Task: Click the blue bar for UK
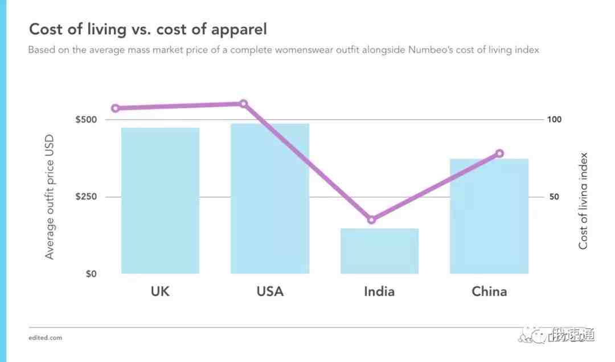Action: click(x=160, y=201)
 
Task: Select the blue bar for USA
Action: click(x=270, y=198)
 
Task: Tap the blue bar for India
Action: click(x=379, y=251)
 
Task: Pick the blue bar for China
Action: click(x=489, y=216)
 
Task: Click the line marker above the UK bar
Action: click(x=116, y=108)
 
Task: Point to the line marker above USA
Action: click(x=243, y=104)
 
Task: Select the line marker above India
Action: click(x=372, y=219)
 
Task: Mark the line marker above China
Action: click(x=500, y=153)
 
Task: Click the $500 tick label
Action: click(x=86, y=120)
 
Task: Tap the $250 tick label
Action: click(x=86, y=197)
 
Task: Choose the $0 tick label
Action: click(x=91, y=274)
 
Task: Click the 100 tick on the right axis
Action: click(x=554, y=120)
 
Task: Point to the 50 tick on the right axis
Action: click(x=554, y=197)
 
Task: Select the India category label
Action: click(x=379, y=292)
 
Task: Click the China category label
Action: click(x=489, y=292)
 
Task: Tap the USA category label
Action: click(x=270, y=292)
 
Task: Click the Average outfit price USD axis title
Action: click(x=50, y=197)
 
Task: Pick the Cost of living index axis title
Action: click(x=583, y=201)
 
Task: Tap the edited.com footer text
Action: click(x=45, y=338)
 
